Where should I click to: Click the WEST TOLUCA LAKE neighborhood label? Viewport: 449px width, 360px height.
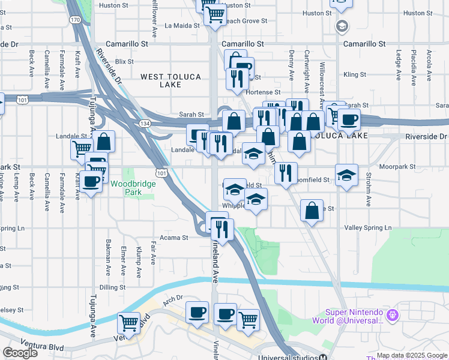[x=160, y=80]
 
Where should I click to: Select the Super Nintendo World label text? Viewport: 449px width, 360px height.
[x=354, y=316]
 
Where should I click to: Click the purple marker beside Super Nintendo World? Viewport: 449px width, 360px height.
[x=393, y=314]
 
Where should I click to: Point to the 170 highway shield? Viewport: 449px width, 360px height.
[x=74, y=20]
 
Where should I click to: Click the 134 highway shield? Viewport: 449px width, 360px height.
[x=145, y=123]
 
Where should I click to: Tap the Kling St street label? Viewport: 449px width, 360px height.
[x=354, y=75]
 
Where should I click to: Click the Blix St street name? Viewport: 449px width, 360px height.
[x=124, y=61]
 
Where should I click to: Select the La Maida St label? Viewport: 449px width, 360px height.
[x=181, y=25]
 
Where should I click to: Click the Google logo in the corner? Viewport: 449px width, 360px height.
[x=20, y=353]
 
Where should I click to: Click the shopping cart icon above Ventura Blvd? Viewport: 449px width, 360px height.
[x=129, y=323]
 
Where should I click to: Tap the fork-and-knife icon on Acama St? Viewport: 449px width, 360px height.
[x=223, y=230]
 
